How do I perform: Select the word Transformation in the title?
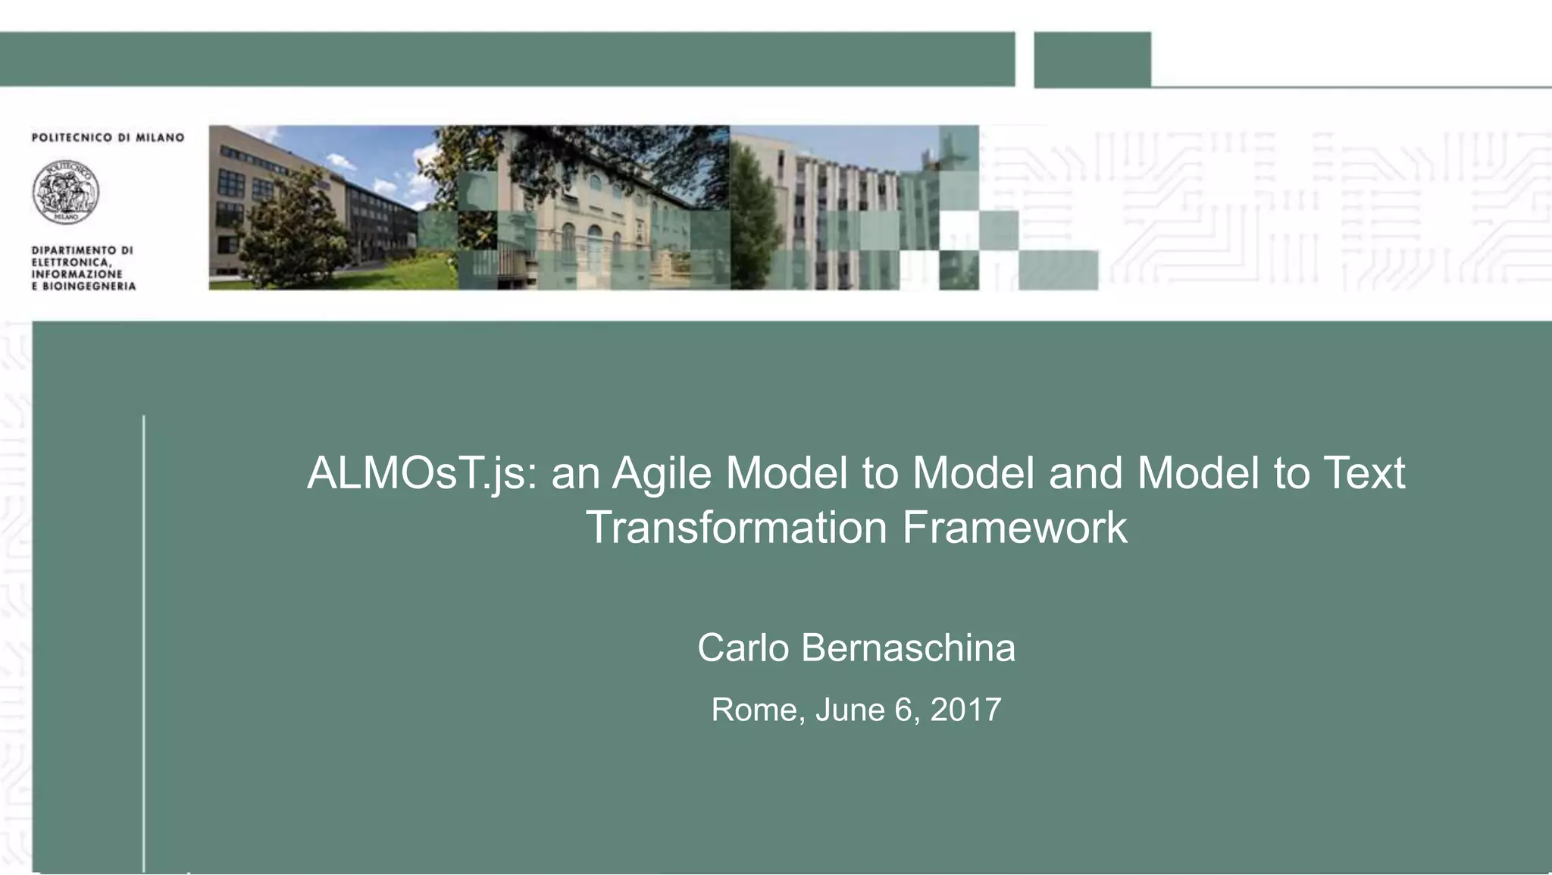point(736,528)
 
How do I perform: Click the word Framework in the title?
point(1015,528)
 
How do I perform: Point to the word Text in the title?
point(1364,472)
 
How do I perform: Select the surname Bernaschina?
point(908,648)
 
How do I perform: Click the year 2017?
point(965,710)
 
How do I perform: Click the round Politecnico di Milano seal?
point(66,192)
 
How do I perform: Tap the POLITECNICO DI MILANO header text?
point(108,137)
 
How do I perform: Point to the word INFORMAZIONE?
point(77,274)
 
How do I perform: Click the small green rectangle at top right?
point(1092,59)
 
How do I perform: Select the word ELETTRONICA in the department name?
point(71,262)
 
